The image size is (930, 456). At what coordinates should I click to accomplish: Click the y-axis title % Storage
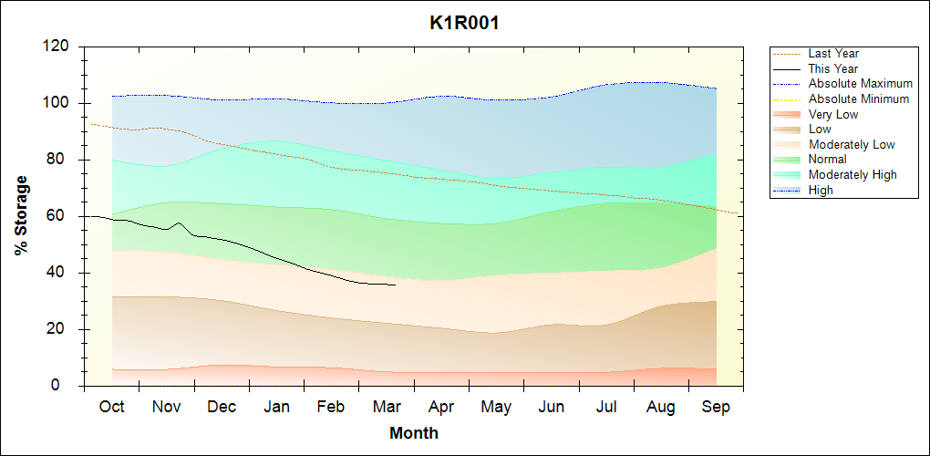tap(21, 215)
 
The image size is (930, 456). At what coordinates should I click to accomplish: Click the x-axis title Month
tap(414, 433)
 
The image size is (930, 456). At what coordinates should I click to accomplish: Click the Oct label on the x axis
tap(112, 407)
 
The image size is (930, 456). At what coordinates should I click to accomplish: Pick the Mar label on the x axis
tap(387, 407)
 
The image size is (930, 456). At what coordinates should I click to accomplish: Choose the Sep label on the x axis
tap(716, 407)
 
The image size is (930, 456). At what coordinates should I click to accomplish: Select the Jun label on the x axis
tap(551, 407)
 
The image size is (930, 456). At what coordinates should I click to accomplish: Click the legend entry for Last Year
tap(833, 54)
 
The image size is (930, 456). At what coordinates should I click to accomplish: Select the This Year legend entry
tap(833, 68)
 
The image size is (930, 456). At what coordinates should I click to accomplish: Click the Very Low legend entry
tap(833, 114)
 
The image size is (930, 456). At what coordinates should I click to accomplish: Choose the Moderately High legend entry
tap(852, 174)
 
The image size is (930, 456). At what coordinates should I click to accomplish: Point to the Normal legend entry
tap(828, 160)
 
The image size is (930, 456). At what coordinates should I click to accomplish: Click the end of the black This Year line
tap(395, 285)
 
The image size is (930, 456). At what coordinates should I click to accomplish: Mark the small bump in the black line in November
tap(179, 223)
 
